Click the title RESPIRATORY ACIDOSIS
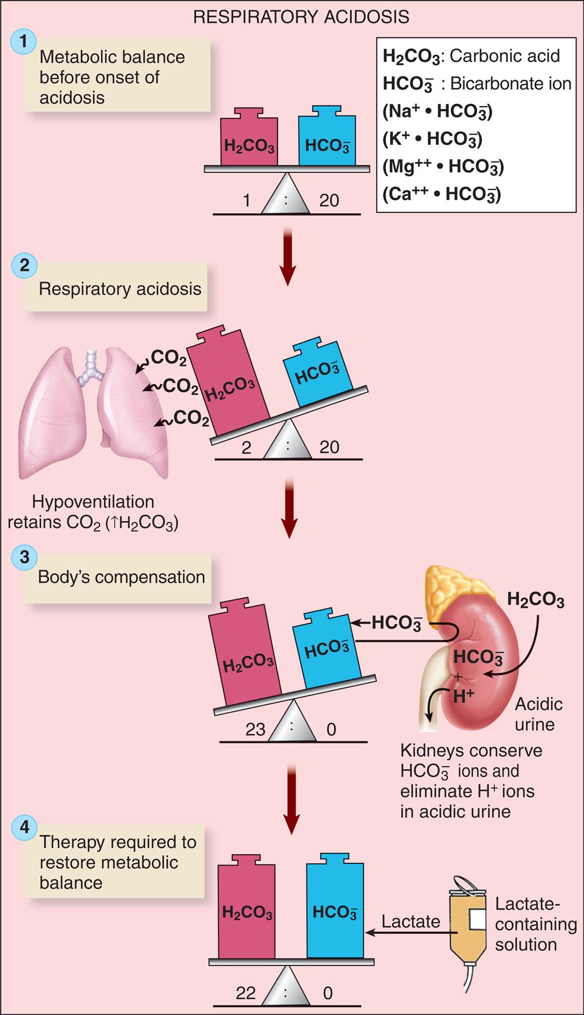[301, 17]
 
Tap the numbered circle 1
[23, 41]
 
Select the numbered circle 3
[24, 557]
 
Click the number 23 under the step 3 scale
[255, 729]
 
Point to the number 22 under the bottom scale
[245, 993]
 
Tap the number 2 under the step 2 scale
[246, 447]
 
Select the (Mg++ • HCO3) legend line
[443, 166]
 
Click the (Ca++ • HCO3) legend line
[442, 194]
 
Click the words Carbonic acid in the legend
[505, 55]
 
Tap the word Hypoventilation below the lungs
[93, 501]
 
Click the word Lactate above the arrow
[411, 921]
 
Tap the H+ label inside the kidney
[463, 696]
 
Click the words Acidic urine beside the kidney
[537, 714]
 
